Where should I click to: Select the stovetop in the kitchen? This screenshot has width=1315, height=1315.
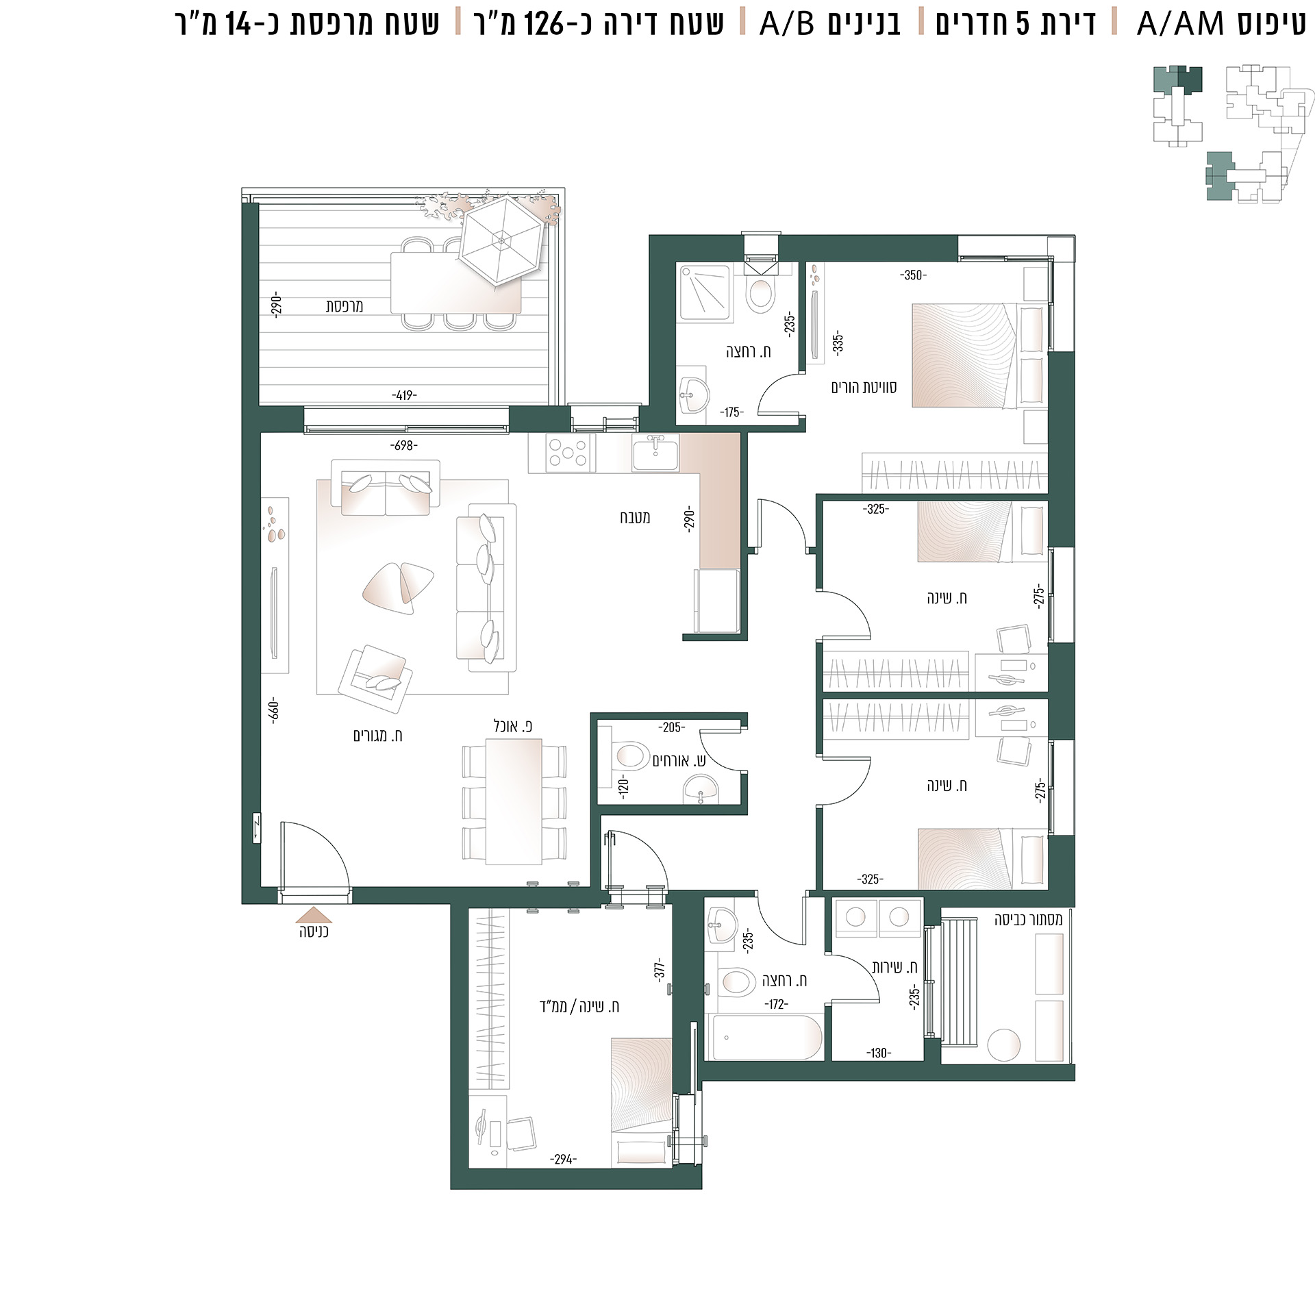pos(568,453)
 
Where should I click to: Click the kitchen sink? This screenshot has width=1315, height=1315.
pos(655,453)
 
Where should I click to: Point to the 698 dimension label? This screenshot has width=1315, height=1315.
pos(404,445)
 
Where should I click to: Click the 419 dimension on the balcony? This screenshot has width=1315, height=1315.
pos(404,395)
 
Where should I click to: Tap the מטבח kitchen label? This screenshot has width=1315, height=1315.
pos(635,518)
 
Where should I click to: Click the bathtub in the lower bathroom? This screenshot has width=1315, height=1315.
pos(767,1038)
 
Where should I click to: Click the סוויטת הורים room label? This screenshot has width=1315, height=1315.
pos(864,388)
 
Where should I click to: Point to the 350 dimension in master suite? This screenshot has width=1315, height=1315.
pos(913,275)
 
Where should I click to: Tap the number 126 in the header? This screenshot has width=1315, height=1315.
pos(546,24)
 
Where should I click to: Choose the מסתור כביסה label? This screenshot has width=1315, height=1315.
pos(1028,920)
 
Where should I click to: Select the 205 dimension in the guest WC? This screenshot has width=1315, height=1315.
pos(671,727)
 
